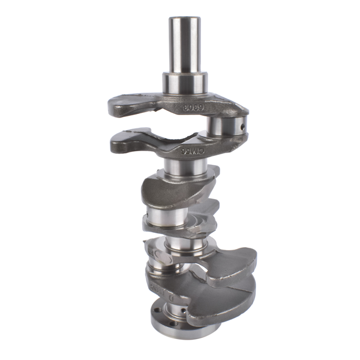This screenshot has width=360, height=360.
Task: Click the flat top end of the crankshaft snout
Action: [x=185, y=19]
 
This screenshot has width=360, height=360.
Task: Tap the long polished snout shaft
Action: [x=185, y=45]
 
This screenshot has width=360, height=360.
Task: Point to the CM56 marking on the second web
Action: [x=195, y=152]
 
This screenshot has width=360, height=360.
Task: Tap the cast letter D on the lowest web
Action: [x=170, y=296]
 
